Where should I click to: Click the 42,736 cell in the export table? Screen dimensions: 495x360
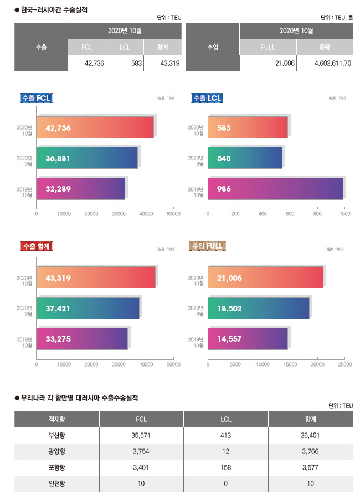coord(87,64)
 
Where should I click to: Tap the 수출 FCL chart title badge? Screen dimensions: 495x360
coord(36,98)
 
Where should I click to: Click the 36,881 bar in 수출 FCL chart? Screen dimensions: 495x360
coord(87,158)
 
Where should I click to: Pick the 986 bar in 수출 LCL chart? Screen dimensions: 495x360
coord(275,189)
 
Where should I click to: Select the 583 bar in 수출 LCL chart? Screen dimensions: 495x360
coord(248,128)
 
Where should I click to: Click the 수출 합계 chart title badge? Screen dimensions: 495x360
coord(35,246)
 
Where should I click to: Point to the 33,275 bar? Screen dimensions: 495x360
coord(82,338)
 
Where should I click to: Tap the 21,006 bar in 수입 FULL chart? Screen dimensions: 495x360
coord(265,278)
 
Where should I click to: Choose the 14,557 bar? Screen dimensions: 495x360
coord(248,338)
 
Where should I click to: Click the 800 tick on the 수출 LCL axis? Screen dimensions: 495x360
coord(317,213)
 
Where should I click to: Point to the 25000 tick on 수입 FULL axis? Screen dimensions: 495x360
coord(344,365)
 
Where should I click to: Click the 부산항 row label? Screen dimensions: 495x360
coord(56,435)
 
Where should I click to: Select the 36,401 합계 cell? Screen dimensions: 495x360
coord(310,435)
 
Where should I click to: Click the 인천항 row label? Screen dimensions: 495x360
coord(56,483)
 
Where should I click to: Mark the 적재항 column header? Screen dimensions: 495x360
coord(56,419)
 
